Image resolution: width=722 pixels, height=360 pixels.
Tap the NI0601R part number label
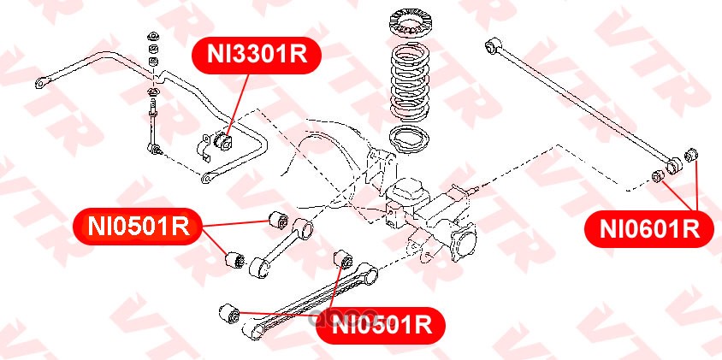point(649,229)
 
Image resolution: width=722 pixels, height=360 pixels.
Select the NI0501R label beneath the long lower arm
point(382,326)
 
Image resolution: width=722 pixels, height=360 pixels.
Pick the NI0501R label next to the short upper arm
point(138,227)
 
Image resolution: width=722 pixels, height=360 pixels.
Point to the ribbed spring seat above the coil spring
point(410,22)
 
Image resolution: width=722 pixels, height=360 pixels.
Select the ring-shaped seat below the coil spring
point(410,139)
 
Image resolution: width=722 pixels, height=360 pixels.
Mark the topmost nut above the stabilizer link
point(152,37)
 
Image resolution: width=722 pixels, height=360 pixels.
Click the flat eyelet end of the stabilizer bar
point(42,83)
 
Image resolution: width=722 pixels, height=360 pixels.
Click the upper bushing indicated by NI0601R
point(690,156)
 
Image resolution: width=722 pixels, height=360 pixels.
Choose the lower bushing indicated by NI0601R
point(659,175)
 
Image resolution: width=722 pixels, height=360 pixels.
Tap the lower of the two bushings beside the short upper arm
point(235,260)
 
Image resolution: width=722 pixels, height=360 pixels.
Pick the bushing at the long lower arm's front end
point(229,314)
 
